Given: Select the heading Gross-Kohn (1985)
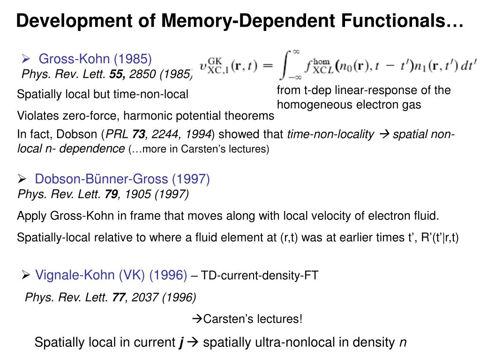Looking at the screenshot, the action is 95,59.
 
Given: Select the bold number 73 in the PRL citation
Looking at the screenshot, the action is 138,135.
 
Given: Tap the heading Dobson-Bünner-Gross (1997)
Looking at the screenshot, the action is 122,179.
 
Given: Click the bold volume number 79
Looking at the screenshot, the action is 112,194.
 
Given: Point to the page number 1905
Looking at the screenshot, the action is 136,194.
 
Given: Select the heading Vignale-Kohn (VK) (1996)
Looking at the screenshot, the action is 111,275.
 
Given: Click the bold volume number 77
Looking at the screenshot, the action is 119,297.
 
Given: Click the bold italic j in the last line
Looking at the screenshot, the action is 181,343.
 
